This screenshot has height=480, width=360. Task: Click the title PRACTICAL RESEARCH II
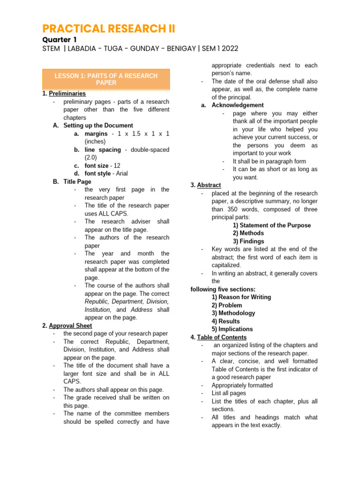click(109, 29)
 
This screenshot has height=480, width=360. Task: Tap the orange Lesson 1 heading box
click(106, 79)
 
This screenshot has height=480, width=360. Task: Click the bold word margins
click(96, 134)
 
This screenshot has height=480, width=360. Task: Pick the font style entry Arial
click(121, 173)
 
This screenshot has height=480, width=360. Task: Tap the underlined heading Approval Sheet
click(70, 325)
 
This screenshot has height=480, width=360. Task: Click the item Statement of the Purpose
click(271, 225)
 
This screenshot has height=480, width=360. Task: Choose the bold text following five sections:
click(223, 289)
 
